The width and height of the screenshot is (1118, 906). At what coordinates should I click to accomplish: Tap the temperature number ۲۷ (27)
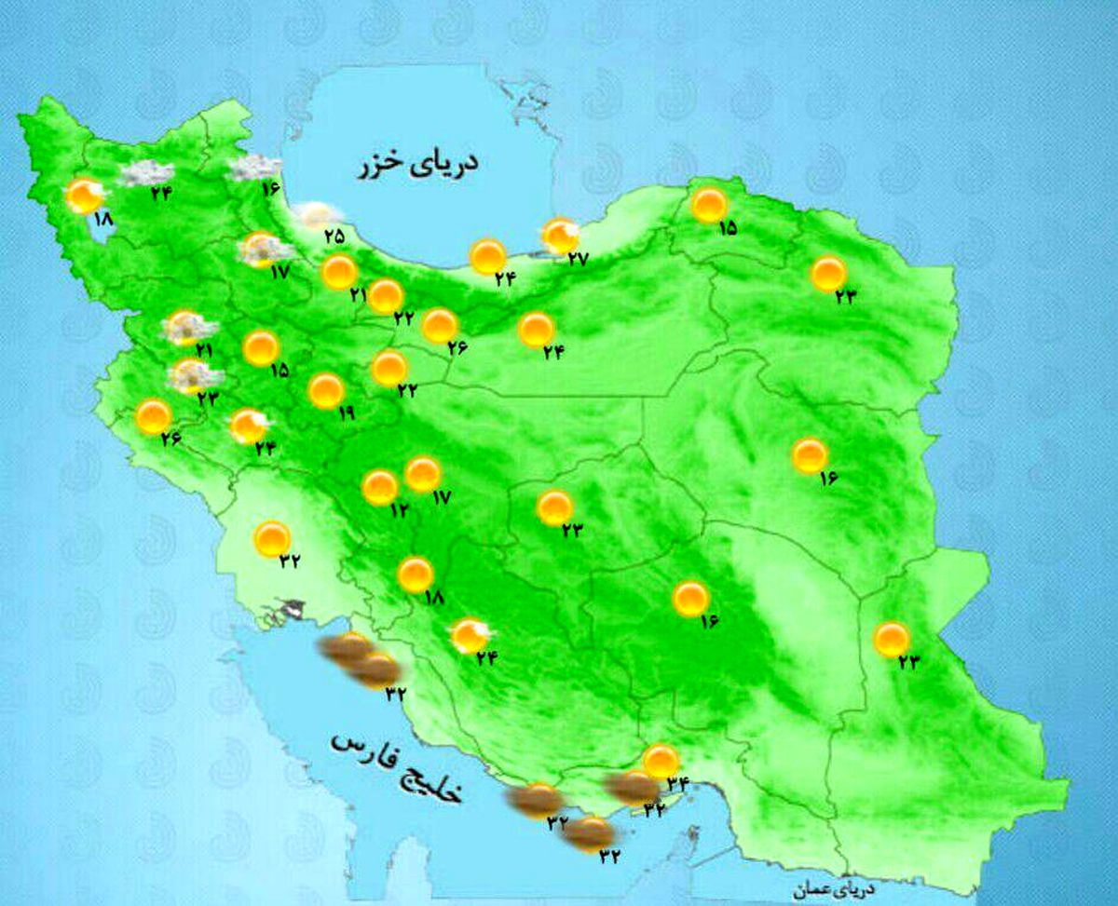(x=578, y=259)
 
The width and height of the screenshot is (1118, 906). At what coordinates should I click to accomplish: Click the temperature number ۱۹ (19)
(x=347, y=415)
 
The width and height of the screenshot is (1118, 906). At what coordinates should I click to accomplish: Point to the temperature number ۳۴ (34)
(x=675, y=783)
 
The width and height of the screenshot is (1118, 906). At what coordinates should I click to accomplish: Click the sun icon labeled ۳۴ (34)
(x=661, y=761)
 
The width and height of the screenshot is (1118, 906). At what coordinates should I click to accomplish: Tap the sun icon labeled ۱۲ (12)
(x=380, y=487)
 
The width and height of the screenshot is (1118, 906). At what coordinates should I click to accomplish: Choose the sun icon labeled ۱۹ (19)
(x=326, y=391)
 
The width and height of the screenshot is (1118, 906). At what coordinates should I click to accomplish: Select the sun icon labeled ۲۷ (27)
(x=561, y=237)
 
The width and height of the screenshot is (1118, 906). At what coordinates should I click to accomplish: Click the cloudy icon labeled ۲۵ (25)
(x=313, y=214)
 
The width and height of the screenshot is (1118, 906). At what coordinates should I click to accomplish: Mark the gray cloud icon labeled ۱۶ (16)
(x=254, y=168)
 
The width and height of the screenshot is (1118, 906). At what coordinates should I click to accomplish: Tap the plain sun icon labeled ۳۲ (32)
(x=273, y=538)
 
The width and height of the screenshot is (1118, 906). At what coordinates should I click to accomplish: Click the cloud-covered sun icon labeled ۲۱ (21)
(x=188, y=327)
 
